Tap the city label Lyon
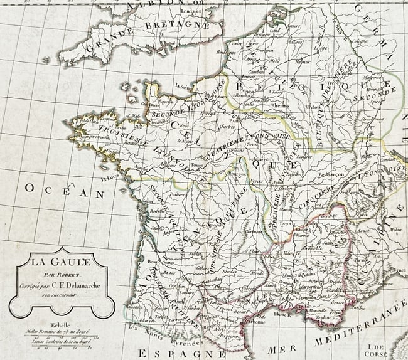pyautogui.click(x=287, y=224)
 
